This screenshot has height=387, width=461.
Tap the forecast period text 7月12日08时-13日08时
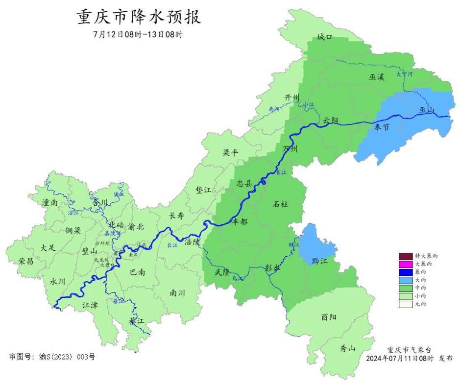point(138,35)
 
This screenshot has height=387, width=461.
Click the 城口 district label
point(324,37)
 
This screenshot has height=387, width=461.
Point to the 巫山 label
point(427,110)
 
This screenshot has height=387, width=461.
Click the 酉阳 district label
point(329,317)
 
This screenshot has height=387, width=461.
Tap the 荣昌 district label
point(26,261)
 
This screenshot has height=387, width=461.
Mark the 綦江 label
point(137,321)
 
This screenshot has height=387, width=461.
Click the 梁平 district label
point(230,153)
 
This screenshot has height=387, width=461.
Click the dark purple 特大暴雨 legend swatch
point(405,256)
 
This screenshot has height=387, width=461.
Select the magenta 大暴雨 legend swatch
point(405,264)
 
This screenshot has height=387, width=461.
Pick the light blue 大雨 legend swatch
point(405,280)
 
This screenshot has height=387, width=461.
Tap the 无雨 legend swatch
point(405,304)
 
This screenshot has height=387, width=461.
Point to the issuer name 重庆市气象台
point(409,350)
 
